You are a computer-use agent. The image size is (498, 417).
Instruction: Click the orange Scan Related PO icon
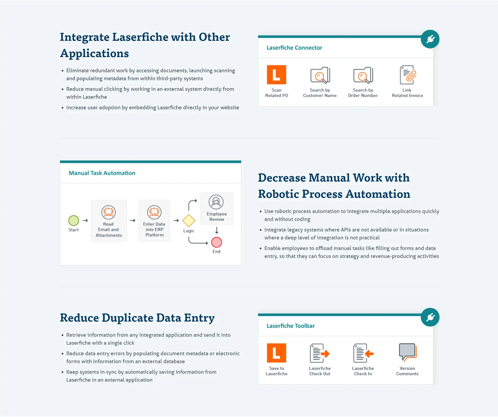(276, 75)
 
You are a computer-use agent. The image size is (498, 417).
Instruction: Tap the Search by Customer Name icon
(320, 75)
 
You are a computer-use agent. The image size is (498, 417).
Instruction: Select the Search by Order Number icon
(363, 75)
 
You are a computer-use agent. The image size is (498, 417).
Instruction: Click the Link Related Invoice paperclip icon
(408, 75)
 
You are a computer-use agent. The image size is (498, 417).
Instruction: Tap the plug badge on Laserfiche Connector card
(430, 39)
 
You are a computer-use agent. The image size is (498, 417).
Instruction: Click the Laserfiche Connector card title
(294, 48)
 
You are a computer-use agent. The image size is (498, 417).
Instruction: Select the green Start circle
(74, 221)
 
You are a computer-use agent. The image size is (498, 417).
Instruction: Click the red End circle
(216, 242)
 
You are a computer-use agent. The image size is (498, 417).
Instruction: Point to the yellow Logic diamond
(189, 221)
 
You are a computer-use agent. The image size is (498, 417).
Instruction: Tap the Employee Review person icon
(216, 202)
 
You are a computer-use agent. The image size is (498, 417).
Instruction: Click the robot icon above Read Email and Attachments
(109, 212)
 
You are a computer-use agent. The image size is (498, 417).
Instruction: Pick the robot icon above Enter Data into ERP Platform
(154, 212)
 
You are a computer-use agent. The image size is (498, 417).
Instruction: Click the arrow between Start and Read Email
(85, 221)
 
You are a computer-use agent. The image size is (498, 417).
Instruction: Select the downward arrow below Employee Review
(216, 231)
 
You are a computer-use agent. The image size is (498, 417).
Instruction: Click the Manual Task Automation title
(102, 173)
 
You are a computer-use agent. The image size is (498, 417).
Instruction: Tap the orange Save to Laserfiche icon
(276, 353)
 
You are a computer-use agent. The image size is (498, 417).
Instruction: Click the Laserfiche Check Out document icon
(319, 353)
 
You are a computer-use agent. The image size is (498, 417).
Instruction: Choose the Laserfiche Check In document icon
(363, 353)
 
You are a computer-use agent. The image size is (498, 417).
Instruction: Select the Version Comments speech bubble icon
(408, 352)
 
